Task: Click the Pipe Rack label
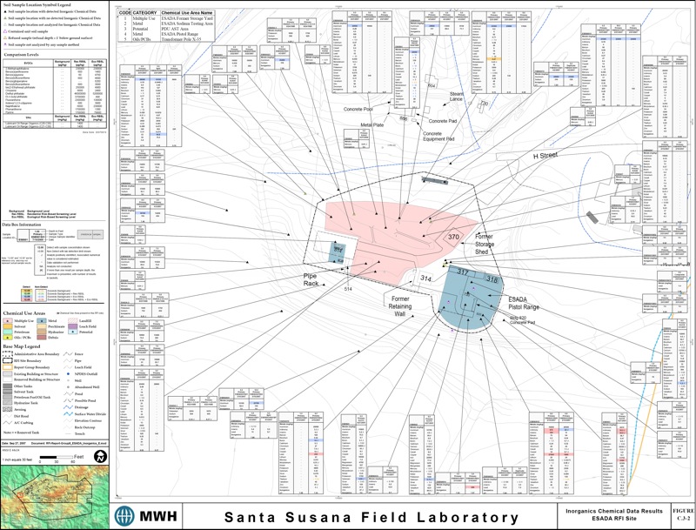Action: click(314, 279)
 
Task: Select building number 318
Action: click(492, 278)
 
